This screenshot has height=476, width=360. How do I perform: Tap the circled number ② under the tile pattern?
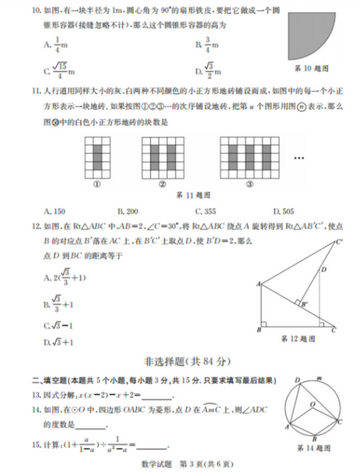pos(163,185)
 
